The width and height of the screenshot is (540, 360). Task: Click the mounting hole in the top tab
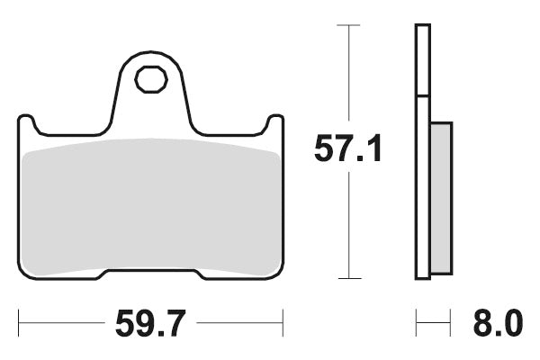[151, 79]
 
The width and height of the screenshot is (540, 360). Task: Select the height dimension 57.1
[348, 148]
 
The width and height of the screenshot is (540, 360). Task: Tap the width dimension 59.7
[151, 321]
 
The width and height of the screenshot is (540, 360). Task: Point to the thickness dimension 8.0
[494, 321]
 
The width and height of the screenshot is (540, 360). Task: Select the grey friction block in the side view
[441, 198]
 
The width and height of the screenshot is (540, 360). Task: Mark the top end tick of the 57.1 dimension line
[348, 25]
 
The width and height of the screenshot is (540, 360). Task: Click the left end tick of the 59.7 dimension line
[19, 321]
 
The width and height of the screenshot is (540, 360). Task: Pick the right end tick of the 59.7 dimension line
[283, 321]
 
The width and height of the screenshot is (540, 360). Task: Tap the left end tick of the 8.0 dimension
[416, 321]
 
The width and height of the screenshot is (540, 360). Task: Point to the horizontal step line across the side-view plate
[422, 95]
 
